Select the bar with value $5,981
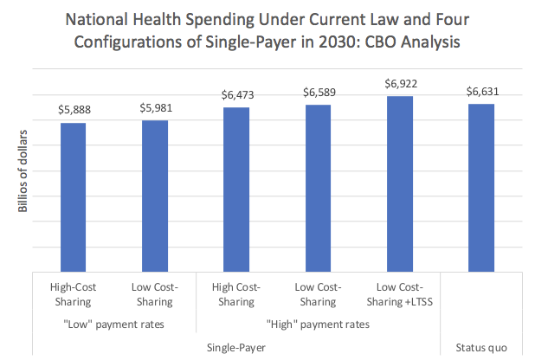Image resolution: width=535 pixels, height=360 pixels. [x=154, y=196]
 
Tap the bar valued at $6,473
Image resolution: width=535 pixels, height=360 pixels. [x=236, y=189]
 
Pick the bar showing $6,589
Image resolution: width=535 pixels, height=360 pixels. [x=318, y=187]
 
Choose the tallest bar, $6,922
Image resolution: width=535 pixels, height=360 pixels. [x=399, y=183]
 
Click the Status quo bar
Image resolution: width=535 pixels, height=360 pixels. [x=480, y=187]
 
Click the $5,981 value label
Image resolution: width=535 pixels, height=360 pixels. [x=154, y=109]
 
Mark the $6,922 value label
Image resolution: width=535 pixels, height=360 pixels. [x=399, y=85]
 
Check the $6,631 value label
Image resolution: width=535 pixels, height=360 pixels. [x=480, y=93]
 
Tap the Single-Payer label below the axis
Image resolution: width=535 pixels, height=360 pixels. [x=236, y=347]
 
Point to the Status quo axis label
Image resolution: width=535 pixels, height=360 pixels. [x=480, y=347]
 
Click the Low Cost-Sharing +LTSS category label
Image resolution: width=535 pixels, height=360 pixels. [x=399, y=294]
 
